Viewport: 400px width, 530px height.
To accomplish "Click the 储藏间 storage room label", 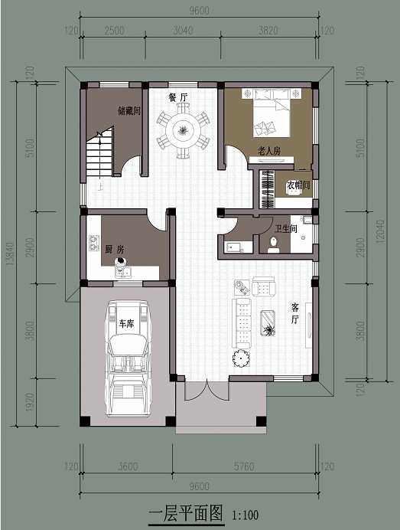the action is point(129,111).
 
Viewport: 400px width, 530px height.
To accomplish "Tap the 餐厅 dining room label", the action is point(178,97).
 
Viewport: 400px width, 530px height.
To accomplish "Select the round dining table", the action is point(184,130).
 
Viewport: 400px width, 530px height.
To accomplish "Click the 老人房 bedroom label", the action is point(269,150).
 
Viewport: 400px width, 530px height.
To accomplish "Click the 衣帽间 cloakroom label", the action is point(298,185).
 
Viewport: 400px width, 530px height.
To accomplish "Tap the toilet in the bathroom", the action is point(273,245).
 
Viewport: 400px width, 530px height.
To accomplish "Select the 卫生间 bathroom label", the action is point(285,229).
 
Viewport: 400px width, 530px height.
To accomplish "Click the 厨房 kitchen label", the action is point(115,250).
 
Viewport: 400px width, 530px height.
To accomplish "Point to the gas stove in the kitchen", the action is point(94,243).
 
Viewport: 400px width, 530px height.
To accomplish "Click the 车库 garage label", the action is point(126,324).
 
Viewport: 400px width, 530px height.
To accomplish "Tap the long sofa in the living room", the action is point(242,323).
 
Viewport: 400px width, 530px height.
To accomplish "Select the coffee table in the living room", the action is point(268,323).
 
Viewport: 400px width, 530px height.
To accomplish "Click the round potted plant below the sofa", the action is point(241,358).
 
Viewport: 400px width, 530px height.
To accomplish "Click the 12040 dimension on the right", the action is point(380,231).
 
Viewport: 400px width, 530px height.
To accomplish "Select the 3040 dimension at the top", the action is point(184,31).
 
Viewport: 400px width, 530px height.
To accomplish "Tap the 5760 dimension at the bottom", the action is point(244,466).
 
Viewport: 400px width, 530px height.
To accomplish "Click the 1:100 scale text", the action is point(245,515).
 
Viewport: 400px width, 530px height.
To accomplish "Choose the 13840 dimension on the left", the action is point(10,254).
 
